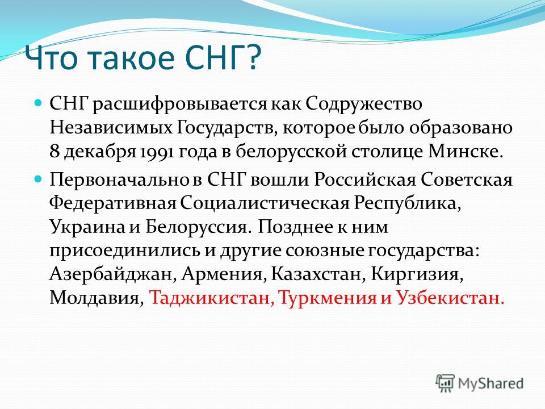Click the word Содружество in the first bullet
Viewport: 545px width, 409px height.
pyautogui.click(x=364, y=104)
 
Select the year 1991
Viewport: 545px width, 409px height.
pyautogui.click(x=157, y=152)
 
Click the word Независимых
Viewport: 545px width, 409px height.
pyautogui.click(x=111, y=128)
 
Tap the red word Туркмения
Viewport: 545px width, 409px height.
pyautogui.click(x=328, y=298)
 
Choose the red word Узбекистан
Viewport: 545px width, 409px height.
pyautogui.click(x=450, y=298)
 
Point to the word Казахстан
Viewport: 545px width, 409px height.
pyautogui.click(x=318, y=274)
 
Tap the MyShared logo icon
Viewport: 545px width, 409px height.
pyautogui.click(x=445, y=383)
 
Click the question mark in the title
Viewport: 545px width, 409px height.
pyautogui.click(x=253, y=57)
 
